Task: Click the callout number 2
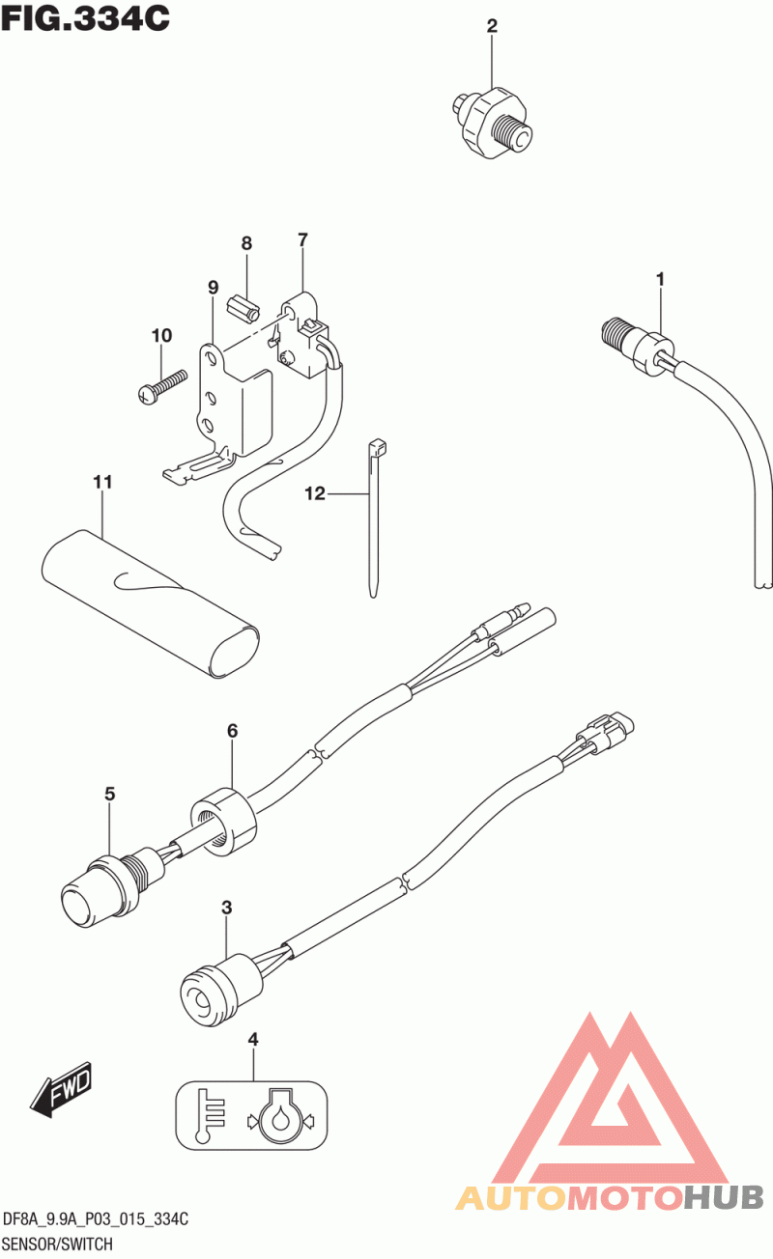(492, 26)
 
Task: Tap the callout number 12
(315, 493)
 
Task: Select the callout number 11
(102, 482)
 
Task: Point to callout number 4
(253, 1040)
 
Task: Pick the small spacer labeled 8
(243, 308)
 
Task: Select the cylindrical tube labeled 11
(150, 603)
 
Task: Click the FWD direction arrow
(61, 1089)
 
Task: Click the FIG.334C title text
(86, 18)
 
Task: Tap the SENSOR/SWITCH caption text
(58, 1244)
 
